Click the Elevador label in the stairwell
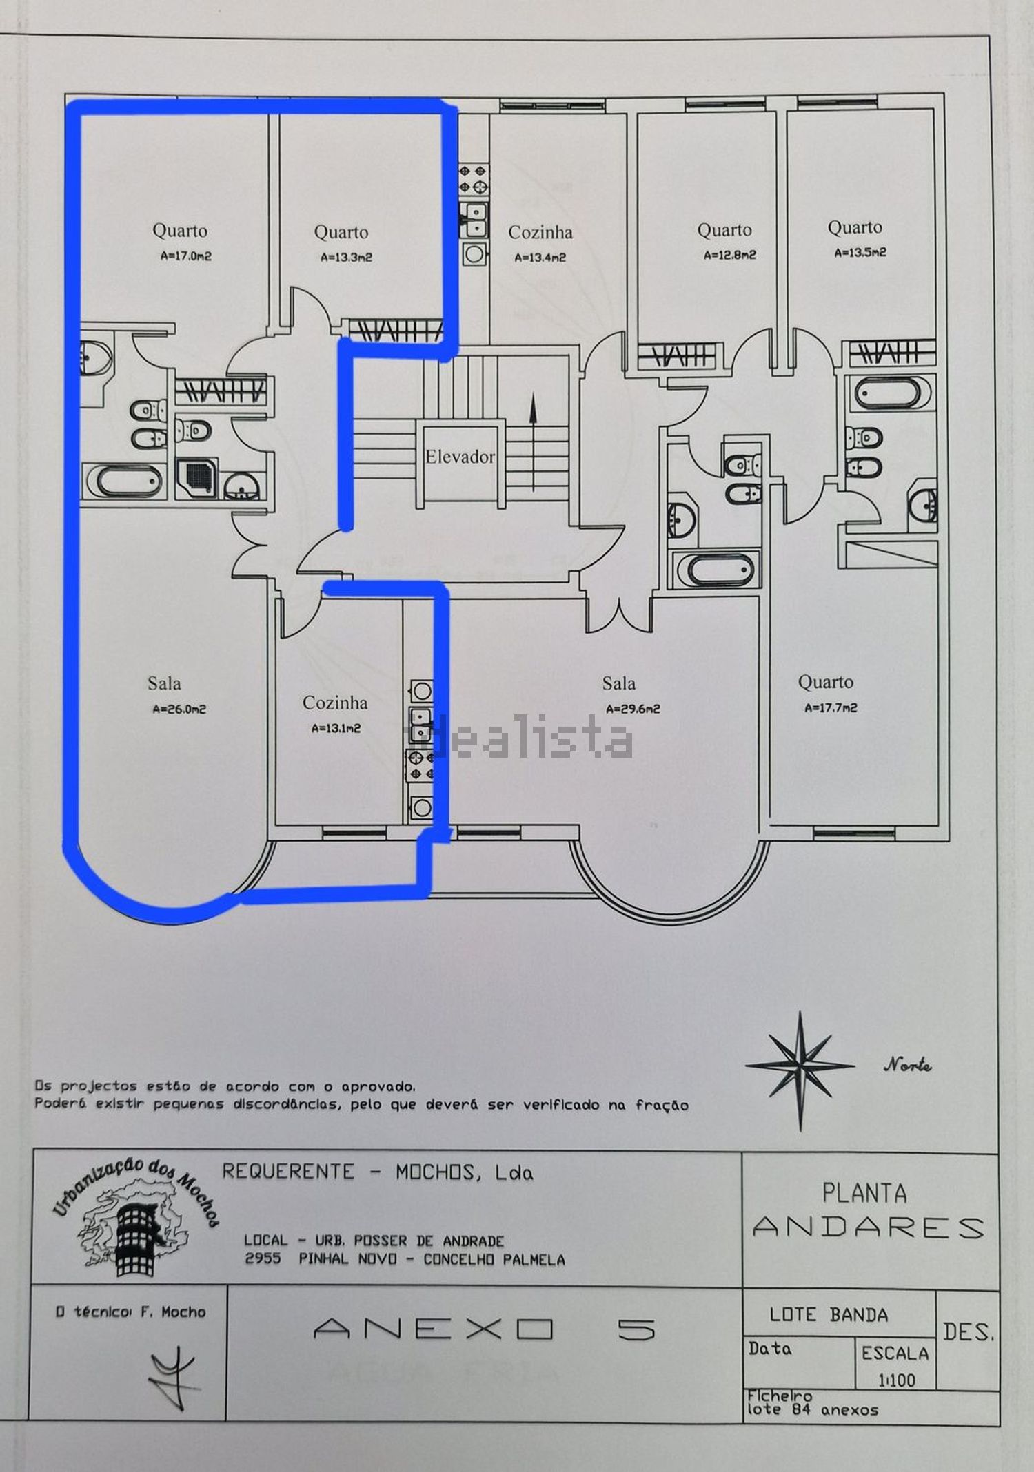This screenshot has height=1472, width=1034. click(x=460, y=457)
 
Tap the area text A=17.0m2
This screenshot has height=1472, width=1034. click(x=186, y=256)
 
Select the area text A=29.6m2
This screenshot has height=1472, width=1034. click(x=633, y=709)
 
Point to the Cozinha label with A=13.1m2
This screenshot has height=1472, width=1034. click(x=335, y=703)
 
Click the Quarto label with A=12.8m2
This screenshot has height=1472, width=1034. click(x=724, y=230)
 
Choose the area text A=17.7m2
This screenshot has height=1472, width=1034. click(x=831, y=707)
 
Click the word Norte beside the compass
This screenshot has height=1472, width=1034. click(x=907, y=1066)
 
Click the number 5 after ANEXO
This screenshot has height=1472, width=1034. click(x=636, y=1329)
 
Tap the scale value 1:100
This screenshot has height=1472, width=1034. click(x=896, y=1380)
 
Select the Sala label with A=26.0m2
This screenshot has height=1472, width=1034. click(x=164, y=683)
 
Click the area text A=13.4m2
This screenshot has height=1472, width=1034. click(x=540, y=258)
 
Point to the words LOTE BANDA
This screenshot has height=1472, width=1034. click(x=829, y=1314)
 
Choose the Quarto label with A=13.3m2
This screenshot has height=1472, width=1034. click(x=341, y=232)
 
